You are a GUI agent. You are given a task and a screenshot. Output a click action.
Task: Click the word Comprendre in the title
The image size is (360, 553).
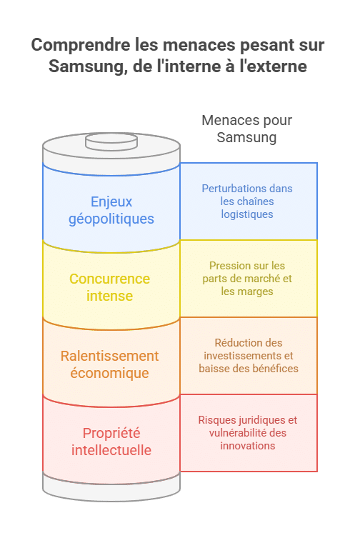81,46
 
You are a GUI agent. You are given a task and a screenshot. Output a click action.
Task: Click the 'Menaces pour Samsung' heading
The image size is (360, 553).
247,129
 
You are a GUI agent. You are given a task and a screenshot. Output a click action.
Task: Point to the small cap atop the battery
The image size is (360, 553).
111,141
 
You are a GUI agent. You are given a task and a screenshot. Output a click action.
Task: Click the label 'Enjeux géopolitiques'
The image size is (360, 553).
111,210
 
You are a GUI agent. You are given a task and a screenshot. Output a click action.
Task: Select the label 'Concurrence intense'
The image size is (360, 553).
110,287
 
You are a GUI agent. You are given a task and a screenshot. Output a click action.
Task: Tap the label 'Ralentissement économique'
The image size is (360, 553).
110,364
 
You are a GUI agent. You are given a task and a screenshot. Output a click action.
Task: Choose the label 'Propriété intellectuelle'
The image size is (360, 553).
111,442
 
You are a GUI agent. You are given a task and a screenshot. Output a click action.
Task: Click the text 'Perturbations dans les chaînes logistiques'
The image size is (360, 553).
247,201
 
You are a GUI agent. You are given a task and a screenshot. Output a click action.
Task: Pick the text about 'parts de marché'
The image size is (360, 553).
247,279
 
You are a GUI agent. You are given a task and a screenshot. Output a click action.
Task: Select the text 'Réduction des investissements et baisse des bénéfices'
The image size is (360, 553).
249,356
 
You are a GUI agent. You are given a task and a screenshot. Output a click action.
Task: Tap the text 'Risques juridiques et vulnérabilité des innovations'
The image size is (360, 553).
248,433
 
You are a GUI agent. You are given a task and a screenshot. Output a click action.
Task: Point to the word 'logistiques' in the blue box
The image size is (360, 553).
247,214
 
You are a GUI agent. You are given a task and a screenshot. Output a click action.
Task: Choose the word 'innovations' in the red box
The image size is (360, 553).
248,446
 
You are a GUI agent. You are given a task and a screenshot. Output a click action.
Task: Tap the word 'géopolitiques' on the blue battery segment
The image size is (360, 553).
111,219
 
